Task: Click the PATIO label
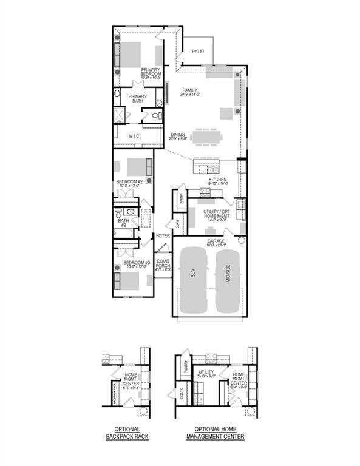197,52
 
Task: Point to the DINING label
177,137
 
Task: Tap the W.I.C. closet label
135,137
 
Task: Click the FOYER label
163,235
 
